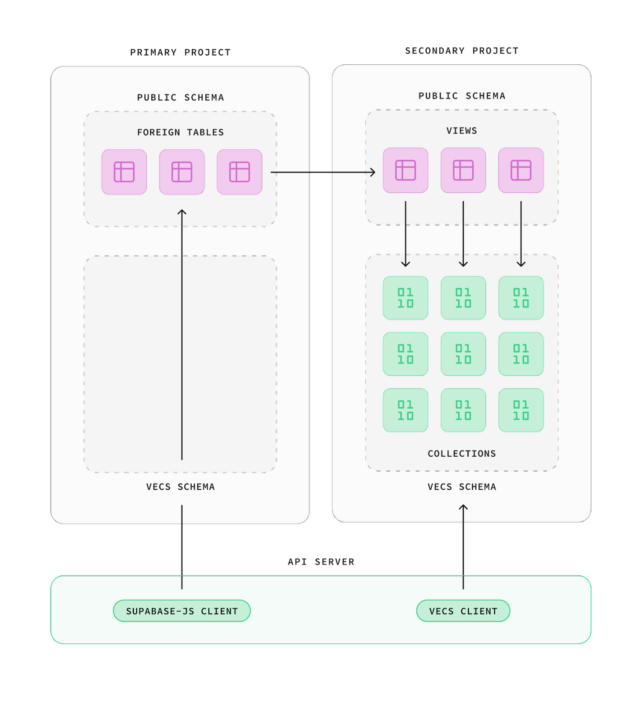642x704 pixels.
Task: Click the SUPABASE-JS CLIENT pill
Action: coord(182,611)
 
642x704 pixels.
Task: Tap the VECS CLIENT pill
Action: coord(463,611)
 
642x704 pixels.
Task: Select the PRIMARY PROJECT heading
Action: coord(180,52)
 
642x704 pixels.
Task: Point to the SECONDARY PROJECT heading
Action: coord(462,51)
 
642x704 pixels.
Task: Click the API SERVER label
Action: coord(321,562)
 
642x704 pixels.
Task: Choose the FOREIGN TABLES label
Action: coord(180,132)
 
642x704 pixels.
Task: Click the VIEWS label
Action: coord(462,131)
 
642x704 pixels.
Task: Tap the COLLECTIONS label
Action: coord(462,454)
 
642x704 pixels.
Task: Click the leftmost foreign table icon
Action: coord(124,172)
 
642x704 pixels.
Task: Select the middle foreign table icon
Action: coord(182,172)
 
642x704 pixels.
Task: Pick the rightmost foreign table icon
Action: coord(239,172)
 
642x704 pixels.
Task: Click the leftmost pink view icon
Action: coord(405,170)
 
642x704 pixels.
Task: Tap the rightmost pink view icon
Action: coord(521,170)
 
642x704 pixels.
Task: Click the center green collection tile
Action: coord(463,354)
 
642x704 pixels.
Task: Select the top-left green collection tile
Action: coord(405,298)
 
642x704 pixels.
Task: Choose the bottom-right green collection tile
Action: coord(521,410)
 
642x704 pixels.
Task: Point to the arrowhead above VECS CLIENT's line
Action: coord(463,507)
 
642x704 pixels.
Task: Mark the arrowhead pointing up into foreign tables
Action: coord(182,212)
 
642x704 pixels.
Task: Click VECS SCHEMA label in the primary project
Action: coord(180,487)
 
